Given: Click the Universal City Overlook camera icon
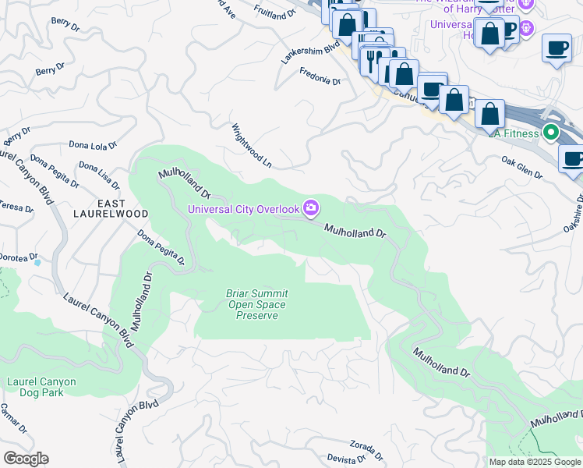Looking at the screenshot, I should click(311, 207).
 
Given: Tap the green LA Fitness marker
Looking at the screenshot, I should click(551, 133).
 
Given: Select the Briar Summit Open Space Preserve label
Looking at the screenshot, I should click(253, 304).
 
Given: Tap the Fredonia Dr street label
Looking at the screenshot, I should click(320, 76).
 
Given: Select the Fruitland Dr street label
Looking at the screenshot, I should click(275, 9).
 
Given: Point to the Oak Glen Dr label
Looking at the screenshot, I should click(521, 168).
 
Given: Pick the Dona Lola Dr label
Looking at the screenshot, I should click(92, 145).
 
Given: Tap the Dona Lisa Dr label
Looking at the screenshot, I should click(99, 176).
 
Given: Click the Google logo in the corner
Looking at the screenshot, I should click(26, 458).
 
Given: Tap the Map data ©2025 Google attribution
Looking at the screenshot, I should click(535, 462).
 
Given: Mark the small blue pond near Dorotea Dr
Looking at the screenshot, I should click(37, 263).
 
